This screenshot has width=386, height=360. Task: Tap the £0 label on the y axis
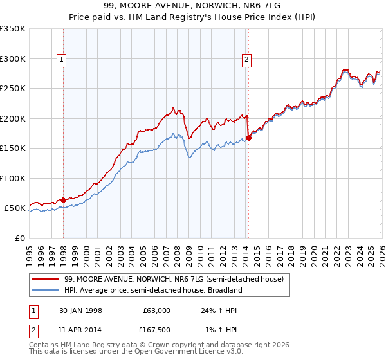pos(19,238)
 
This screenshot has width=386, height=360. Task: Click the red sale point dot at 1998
pos(64,200)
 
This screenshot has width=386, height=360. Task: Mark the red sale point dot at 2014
pos(248,138)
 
